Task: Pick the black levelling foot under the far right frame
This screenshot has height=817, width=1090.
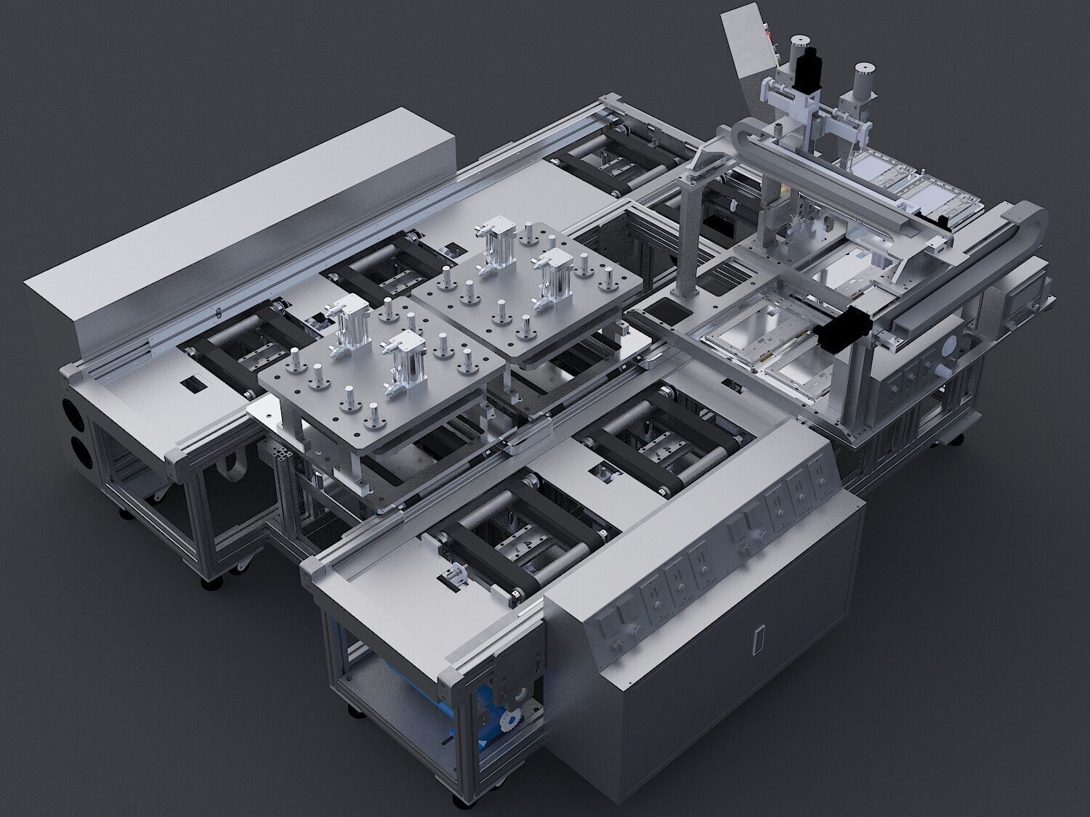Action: [961, 439]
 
